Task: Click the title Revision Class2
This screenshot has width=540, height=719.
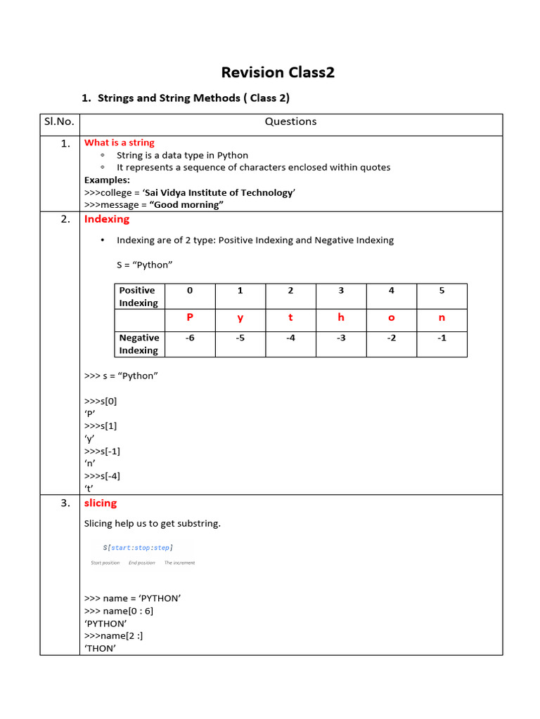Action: [x=278, y=72]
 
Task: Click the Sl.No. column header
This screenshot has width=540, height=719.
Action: [x=59, y=121]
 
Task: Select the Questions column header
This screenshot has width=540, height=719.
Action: [x=290, y=121]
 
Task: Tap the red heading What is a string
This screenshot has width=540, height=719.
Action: [x=120, y=143]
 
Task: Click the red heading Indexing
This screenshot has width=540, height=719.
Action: [x=107, y=219]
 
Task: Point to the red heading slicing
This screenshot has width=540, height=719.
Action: [x=101, y=503]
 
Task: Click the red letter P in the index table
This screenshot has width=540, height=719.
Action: [x=189, y=317]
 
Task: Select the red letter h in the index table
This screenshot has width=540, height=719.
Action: [x=341, y=317]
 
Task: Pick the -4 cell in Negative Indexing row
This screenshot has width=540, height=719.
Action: [x=290, y=338]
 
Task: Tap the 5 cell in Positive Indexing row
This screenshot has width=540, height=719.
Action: [x=442, y=290]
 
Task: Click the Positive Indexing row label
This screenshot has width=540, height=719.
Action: [x=139, y=296]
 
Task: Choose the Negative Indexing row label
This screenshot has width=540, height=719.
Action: [x=139, y=344]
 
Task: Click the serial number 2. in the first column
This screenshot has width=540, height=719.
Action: [x=65, y=219]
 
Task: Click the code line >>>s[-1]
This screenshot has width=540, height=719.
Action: [x=102, y=451]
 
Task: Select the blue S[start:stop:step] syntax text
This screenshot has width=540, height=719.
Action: [x=138, y=547]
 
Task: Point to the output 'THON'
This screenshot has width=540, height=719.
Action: [x=100, y=648]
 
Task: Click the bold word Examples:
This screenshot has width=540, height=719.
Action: [x=107, y=180]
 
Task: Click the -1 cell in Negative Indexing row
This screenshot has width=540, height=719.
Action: [x=442, y=338]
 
